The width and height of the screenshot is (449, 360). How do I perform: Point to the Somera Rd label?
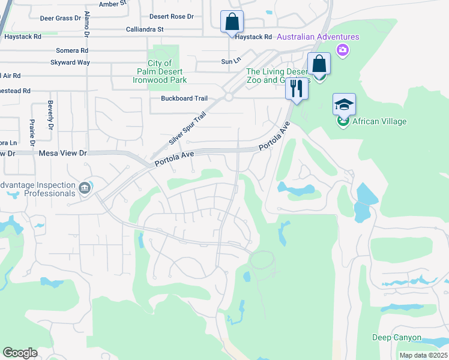72,50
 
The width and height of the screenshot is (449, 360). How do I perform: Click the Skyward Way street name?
70,62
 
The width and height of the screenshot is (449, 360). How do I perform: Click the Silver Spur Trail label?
187,128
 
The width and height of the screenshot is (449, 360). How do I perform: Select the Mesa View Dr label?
63,154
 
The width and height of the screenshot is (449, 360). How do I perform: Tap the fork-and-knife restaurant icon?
297,88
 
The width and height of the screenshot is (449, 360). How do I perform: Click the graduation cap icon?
344,104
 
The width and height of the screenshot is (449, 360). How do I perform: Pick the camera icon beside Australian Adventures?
343,50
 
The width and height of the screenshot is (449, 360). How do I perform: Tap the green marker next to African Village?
343,121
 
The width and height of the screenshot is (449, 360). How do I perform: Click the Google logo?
20,353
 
